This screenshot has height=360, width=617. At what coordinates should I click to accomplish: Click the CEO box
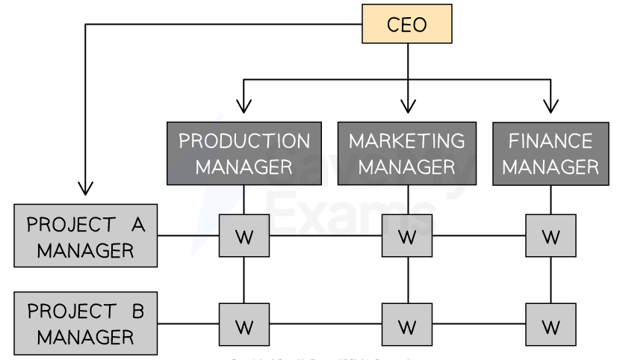[x=406, y=24]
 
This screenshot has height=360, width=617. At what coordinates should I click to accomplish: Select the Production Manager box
[x=244, y=153]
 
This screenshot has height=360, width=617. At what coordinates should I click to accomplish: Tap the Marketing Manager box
[x=406, y=153]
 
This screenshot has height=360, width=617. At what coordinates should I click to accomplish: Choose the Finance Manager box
[x=551, y=153]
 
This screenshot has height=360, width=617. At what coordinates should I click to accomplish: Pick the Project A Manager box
[x=86, y=235]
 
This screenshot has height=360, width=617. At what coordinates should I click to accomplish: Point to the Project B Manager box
[x=86, y=323]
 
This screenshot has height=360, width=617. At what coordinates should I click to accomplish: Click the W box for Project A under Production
[x=244, y=236]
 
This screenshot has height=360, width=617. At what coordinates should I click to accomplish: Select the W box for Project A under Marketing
[x=406, y=236]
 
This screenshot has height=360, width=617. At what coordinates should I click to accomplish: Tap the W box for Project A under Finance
[x=551, y=236]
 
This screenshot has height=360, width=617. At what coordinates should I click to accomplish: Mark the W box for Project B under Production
[x=244, y=325]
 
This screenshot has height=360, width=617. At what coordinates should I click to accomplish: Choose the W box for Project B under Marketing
[x=406, y=325]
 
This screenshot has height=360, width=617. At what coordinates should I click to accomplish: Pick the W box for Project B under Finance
[x=551, y=325]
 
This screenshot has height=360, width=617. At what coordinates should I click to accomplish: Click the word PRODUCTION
[x=244, y=141]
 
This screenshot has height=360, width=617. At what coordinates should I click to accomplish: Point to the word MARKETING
[x=406, y=141]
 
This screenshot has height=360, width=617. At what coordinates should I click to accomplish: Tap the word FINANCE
[x=551, y=141]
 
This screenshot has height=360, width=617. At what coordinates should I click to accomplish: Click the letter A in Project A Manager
[x=137, y=224]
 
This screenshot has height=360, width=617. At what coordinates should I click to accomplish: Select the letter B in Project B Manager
[x=137, y=311]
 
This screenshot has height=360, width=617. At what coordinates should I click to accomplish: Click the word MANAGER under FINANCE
[x=551, y=166]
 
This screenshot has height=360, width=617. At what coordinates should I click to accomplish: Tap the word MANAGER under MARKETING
[x=406, y=166]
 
